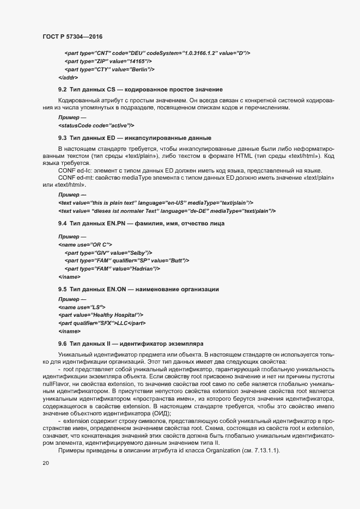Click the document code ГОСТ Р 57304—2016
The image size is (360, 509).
[73, 36]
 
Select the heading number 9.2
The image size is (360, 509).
[62, 89]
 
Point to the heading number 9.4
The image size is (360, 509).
[62, 224]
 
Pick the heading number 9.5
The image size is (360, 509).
[62, 288]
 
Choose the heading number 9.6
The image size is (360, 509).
[62, 344]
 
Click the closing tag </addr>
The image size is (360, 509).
[69, 77]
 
